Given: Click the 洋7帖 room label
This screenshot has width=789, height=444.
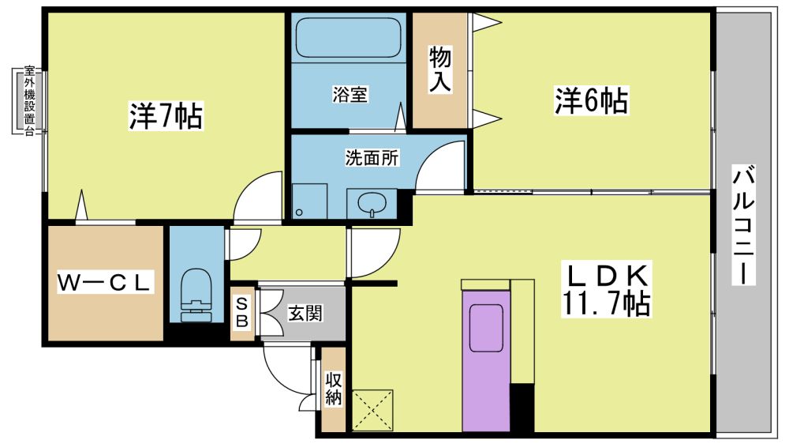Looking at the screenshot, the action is tap(166, 116).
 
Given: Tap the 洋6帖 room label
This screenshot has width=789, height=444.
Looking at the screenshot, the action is tap(591, 100).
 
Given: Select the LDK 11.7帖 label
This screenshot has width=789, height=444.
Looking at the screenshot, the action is tap(606, 289).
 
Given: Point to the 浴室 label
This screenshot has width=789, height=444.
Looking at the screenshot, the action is tap(350, 94).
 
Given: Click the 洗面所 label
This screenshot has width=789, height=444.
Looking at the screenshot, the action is tap(372, 158).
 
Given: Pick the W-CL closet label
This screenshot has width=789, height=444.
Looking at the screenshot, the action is tap(104, 282).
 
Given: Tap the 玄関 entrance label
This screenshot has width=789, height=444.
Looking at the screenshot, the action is tap(305, 314).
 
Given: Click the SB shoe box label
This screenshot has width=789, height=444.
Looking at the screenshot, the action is tap(242, 313).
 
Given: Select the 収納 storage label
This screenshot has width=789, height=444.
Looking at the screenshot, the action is tap(333, 388).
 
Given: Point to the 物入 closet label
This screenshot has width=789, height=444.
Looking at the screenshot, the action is tap(439, 69).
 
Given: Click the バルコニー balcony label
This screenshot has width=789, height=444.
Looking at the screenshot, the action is tap(742, 224).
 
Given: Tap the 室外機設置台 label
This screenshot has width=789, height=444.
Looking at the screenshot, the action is tap(30, 101).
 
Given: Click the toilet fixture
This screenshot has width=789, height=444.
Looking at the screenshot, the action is tap(196, 295).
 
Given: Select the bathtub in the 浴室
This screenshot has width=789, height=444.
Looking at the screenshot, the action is tap(348, 38).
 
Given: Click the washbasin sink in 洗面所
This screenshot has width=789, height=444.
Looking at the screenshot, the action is tap(372, 204).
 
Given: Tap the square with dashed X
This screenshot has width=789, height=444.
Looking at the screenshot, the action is tap(372, 410).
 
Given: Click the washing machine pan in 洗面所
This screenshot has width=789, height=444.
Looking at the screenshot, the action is tap(309, 201).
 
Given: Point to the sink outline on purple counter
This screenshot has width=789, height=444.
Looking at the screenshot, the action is tap(487, 329).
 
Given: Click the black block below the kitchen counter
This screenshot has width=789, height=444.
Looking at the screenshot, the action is tap(522, 408).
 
